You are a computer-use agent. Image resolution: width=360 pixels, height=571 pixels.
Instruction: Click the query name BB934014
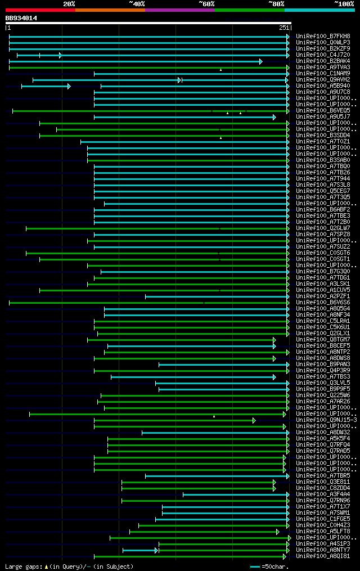point(21,18)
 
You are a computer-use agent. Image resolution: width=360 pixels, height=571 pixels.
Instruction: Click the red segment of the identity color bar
point(40,10)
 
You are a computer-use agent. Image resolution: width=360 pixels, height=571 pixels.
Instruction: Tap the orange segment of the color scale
point(110,10)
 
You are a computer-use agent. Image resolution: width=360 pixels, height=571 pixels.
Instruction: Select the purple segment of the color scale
point(179,10)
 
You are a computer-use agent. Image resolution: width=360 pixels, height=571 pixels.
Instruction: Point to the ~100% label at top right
point(343,3)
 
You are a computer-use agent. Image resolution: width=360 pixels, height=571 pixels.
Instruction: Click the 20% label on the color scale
point(69,3)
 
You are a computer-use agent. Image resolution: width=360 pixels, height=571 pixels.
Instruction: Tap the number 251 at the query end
point(283,28)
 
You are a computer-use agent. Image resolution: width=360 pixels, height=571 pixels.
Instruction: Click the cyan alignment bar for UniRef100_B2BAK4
point(135,61)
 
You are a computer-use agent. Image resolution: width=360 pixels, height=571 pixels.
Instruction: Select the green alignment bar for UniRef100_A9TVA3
point(146,68)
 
